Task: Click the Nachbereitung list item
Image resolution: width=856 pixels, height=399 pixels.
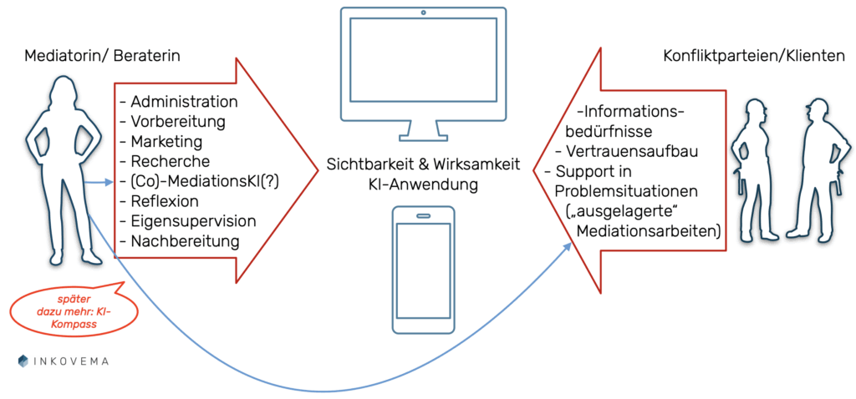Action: pos(185,241)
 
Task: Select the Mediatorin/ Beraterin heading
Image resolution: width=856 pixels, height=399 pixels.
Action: pos(103,56)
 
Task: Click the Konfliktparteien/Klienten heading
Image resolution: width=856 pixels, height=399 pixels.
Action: pos(753,56)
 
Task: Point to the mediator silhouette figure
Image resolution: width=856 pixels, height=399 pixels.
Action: pos(63,167)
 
